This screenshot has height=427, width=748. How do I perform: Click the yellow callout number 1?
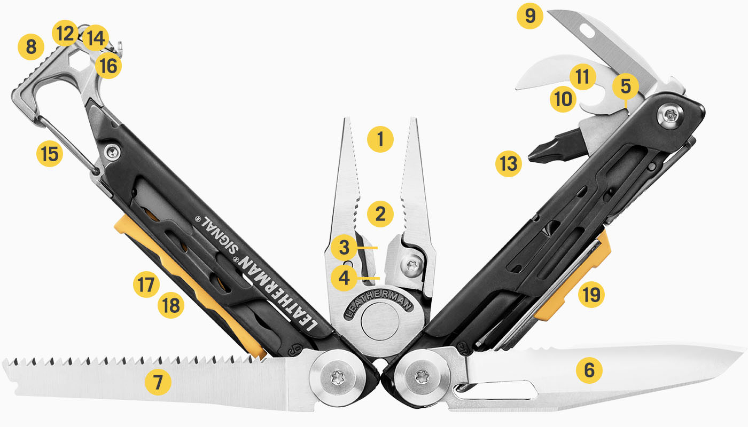click(x=380, y=140)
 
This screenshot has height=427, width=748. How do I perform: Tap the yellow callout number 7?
click(x=158, y=382)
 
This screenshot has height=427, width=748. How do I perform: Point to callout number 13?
click(x=508, y=164)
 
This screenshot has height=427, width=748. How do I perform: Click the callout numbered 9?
click(x=530, y=16)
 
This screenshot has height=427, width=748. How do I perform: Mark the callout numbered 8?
click(x=31, y=47)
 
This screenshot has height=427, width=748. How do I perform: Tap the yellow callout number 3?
click(x=344, y=248)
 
